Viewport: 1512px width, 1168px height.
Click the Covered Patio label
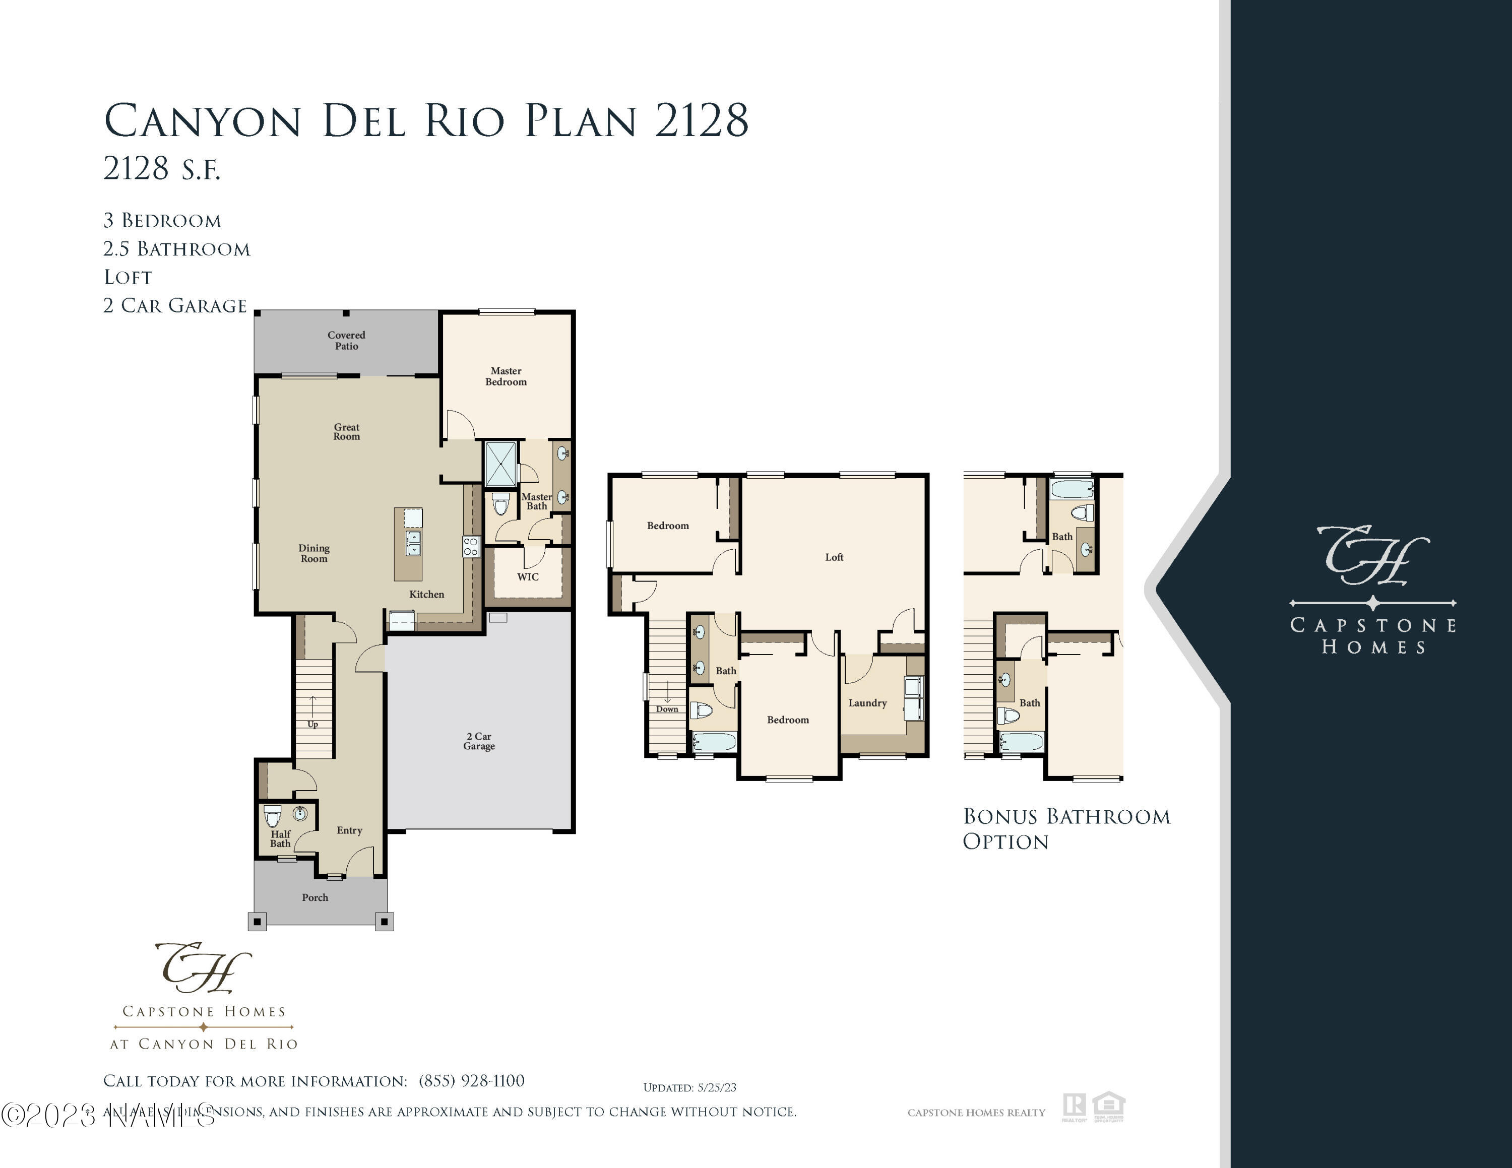[346, 341]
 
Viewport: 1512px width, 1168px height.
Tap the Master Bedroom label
[506, 376]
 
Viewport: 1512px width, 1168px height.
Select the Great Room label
[346, 432]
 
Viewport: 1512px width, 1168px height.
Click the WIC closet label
[528, 577]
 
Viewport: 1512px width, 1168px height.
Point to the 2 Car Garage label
[479, 741]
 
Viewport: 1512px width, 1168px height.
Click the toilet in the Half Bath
[272, 816]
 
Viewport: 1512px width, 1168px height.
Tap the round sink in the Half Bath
[300, 814]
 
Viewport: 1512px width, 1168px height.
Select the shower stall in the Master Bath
[500, 463]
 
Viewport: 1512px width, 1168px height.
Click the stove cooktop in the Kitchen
[470, 547]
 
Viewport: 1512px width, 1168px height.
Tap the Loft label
[834, 557]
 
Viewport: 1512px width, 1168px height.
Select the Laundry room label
[867, 703]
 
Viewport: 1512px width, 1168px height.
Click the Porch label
[315, 897]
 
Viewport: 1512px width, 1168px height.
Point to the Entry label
[350, 830]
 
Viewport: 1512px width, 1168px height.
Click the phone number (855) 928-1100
[471, 1081]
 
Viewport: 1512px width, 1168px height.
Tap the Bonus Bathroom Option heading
[1066, 829]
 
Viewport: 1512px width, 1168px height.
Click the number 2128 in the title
[701, 120]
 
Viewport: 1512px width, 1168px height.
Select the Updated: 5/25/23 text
[689, 1088]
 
